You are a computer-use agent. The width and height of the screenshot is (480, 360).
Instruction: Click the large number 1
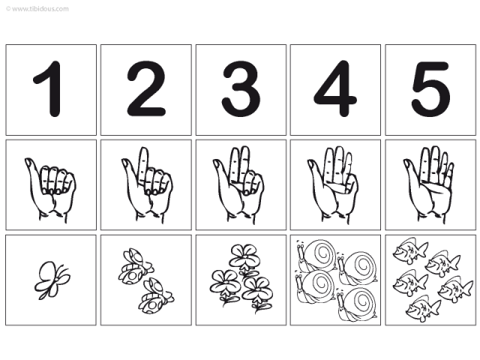[x=49, y=90]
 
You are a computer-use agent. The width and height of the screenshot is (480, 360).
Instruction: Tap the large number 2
[x=145, y=90]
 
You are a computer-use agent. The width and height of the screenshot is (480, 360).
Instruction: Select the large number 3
[x=241, y=90]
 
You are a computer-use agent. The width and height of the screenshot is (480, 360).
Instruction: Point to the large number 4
[x=335, y=90]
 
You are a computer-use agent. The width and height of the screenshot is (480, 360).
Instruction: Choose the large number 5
[x=430, y=90]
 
